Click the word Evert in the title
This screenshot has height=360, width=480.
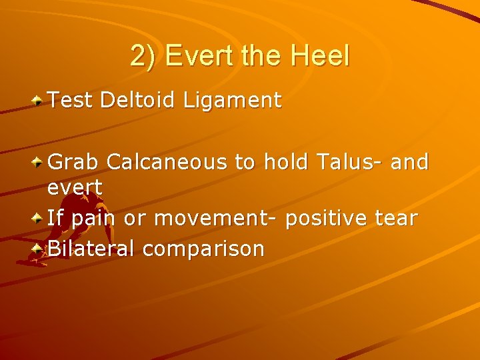click(x=200, y=56)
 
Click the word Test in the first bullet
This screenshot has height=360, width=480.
click(x=70, y=101)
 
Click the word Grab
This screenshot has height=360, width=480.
click(x=74, y=162)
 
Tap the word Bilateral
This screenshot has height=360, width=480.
click(x=91, y=249)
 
